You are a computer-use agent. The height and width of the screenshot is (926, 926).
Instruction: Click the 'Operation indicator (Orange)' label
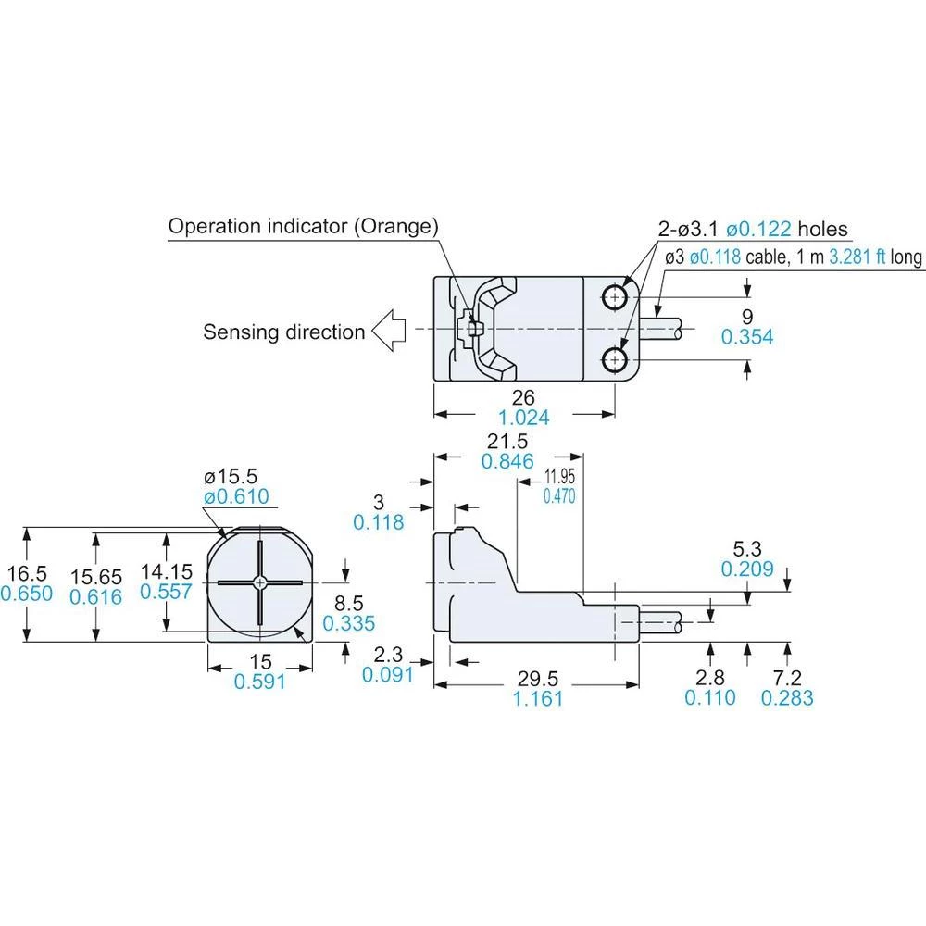(303, 227)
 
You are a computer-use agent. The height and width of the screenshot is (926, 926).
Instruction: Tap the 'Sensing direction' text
(283, 332)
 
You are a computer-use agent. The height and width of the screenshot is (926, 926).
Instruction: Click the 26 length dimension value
(524, 398)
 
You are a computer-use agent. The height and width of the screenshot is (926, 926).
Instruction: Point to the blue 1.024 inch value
(524, 418)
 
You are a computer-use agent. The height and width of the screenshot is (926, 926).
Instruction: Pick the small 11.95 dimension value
(559, 477)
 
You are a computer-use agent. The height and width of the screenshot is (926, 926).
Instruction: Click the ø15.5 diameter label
(236, 477)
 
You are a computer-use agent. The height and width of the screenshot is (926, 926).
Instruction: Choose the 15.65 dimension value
(95, 575)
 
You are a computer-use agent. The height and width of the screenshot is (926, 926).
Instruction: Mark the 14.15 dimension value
(166, 571)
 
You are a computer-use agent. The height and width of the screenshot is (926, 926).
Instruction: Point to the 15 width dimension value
(260, 662)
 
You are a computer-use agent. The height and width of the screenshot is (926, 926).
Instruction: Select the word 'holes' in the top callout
(822, 230)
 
